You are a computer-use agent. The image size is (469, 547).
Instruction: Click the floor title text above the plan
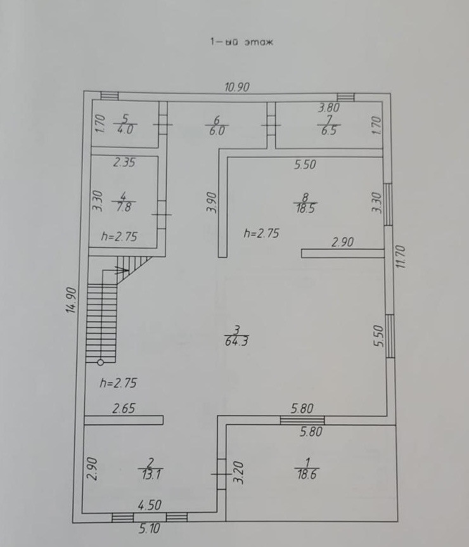240,43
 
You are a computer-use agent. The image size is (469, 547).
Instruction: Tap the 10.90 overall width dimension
237,87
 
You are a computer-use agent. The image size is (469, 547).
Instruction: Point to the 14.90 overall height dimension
72,299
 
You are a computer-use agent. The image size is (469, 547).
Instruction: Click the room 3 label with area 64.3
236,335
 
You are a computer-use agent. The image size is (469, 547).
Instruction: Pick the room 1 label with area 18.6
307,468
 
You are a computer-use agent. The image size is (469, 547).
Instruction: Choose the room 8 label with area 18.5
306,202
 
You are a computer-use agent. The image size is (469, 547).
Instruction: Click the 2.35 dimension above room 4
124,162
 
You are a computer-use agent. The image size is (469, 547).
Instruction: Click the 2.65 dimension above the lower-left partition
124,409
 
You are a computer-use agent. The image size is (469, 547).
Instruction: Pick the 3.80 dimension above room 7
329,108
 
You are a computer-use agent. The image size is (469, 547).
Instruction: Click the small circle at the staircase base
100,363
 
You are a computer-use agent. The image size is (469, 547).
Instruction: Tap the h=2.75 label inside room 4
120,236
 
